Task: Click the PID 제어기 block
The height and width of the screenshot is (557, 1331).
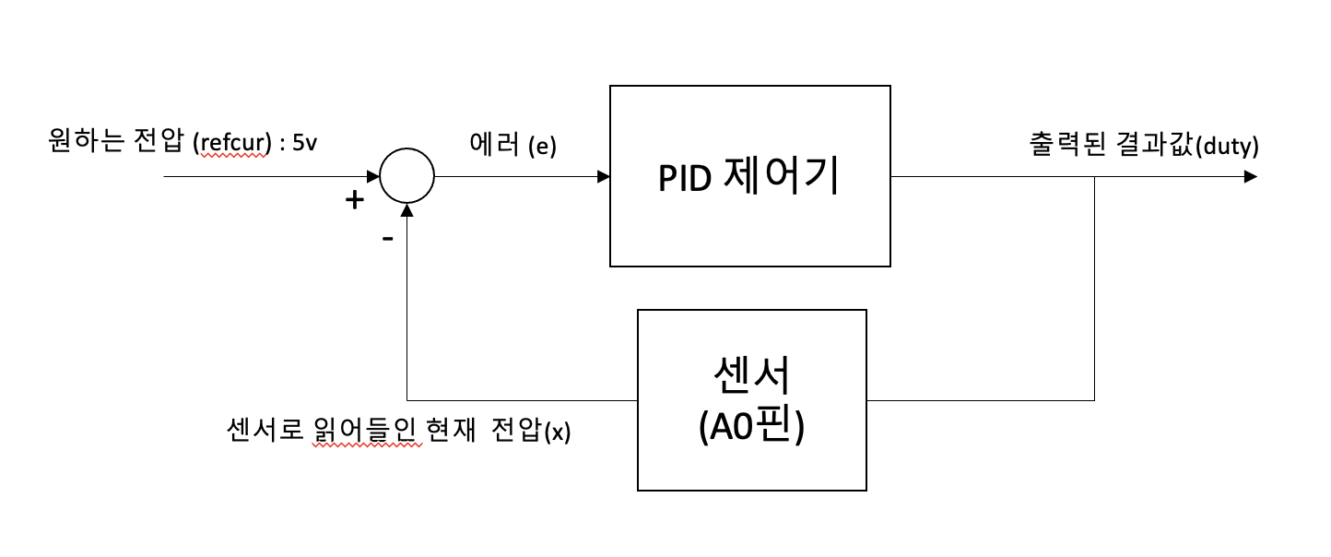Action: pos(749,176)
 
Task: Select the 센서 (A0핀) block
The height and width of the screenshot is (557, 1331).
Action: pos(751,399)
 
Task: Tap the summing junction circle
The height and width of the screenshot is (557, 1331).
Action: pos(406,176)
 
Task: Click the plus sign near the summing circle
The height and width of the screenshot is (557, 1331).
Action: pos(354,199)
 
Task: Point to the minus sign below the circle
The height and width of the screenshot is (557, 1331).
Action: pos(387,238)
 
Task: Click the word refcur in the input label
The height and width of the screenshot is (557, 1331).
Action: pos(231,145)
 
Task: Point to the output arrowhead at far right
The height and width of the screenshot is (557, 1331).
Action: pos(1250,176)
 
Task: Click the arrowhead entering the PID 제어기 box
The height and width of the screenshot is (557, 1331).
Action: pos(603,176)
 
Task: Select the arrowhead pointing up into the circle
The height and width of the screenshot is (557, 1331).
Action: pos(406,209)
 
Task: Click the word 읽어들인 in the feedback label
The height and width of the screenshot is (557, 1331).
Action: pos(367,431)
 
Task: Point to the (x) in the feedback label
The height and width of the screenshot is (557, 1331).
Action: pos(559,432)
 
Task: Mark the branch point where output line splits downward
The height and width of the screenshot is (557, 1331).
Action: pos(1094,176)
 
